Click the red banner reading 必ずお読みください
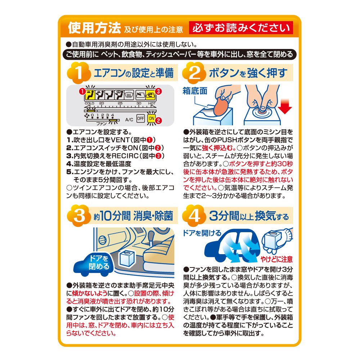click(x=241, y=28)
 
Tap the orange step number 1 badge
click(x=78, y=73)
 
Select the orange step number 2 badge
click(x=194, y=73)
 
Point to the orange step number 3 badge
click(x=78, y=216)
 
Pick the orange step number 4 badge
click(x=194, y=216)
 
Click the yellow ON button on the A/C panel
click(x=151, y=118)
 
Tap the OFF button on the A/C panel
click(x=140, y=118)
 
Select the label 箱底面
click(x=195, y=91)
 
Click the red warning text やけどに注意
click(x=276, y=259)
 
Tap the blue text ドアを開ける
click(x=202, y=233)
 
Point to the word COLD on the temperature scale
click(x=89, y=103)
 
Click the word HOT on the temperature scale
click(x=152, y=103)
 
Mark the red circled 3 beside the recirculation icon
click(x=158, y=91)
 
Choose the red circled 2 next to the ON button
click(x=158, y=120)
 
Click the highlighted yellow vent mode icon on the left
click(x=90, y=95)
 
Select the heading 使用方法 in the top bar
click(x=94, y=28)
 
